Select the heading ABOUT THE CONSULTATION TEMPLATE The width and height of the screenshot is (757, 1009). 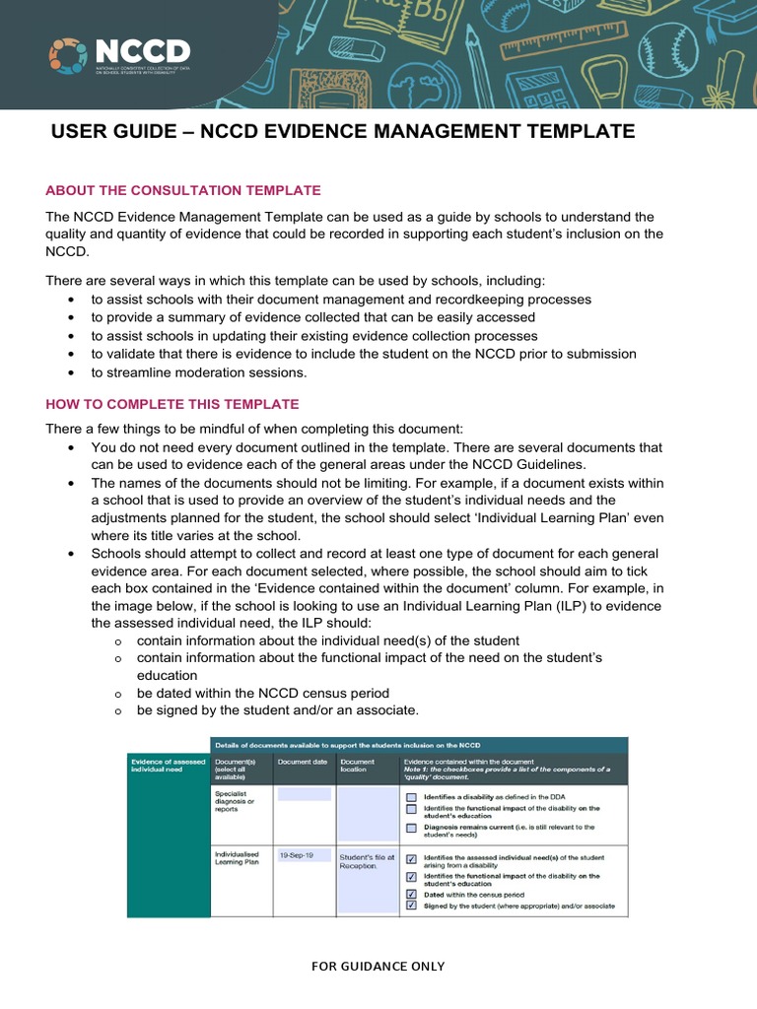pyautogui.click(x=183, y=190)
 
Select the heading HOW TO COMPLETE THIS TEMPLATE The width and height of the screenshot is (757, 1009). pyautogui.click(x=172, y=404)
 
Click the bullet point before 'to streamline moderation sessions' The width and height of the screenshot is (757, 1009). pyautogui.click(x=71, y=372)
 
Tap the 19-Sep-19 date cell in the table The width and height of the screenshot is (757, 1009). pyautogui.click(x=296, y=856)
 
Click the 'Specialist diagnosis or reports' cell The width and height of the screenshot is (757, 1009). pyautogui.click(x=238, y=802)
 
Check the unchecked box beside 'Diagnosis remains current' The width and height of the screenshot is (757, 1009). pyautogui.click(x=411, y=829)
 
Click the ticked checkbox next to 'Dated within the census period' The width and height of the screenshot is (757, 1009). pyautogui.click(x=411, y=893)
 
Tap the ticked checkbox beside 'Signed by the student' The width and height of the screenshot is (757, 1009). pyautogui.click(x=411, y=906)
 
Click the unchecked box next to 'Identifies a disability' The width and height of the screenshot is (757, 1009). pyautogui.click(x=411, y=796)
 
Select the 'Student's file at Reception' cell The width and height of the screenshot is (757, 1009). pyautogui.click(x=366, y=861)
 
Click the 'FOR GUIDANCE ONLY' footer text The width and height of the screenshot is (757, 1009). pyautogui.click(x=378, y=966)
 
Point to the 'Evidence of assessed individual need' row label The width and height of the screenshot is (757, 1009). pyautogui.click(x=168, y=766)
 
